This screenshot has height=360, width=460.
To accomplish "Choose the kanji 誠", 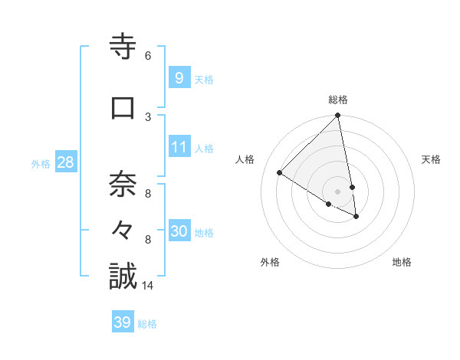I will (x=123, y=277).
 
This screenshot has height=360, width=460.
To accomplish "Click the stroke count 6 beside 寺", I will (x=148, y=56).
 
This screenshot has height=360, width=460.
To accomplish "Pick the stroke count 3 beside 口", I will (x=148, y=116).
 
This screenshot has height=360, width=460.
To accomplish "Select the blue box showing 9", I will (x=179, y=78).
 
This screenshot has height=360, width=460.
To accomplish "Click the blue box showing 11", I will (x=179, y=147).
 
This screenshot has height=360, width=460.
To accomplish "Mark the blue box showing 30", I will (x=179, y=231).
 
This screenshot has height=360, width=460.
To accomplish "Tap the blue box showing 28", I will (x=64, y=162).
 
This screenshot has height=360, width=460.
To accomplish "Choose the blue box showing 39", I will (x=122, y=322).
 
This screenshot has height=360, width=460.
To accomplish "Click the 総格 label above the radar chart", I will (x=338, y=100).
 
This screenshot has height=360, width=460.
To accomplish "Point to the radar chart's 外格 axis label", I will (x=270, y=263).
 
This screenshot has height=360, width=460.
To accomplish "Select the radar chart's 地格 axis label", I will (x=402, y=263).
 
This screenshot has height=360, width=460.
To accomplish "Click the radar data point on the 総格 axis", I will (x=338, y=116).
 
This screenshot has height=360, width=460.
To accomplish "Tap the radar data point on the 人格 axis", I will (x=280, y=173).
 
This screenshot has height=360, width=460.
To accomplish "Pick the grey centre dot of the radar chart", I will (x=338, y=191).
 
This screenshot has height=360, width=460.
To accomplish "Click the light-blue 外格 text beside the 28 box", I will (x=41, y=163).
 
